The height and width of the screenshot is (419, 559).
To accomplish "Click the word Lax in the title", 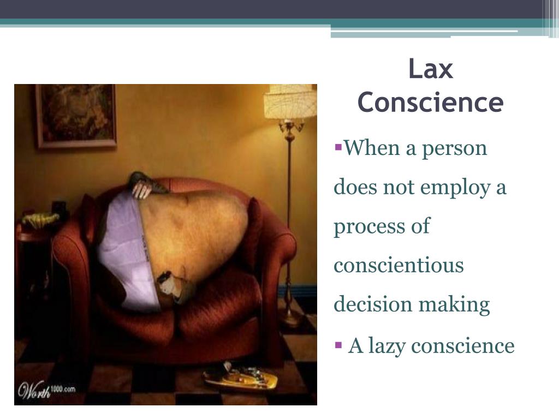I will point(431,70).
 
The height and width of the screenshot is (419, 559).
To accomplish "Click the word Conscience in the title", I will point(430,103).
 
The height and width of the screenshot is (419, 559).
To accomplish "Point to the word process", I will point(368,227).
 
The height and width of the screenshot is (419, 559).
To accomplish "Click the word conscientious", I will point(399,266).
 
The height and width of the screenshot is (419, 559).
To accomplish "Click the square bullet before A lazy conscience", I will point(338,345).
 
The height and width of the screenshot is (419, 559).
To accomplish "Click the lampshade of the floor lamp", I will point(290,101).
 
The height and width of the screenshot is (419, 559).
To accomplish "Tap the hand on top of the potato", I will point(142,189).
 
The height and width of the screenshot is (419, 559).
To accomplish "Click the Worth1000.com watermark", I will point(47,390).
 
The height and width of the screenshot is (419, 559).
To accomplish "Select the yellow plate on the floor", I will point(240,376).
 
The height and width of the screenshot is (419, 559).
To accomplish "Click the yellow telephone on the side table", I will point(39,219).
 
